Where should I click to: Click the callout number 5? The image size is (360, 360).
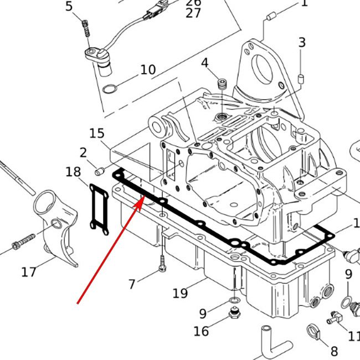(69, 7)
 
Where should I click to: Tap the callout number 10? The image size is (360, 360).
(148, 70)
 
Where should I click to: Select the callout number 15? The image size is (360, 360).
(97, 133)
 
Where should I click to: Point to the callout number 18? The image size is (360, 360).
(73, 172)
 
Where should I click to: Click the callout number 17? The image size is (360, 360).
(29, 272)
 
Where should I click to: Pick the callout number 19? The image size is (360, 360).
(180, 293)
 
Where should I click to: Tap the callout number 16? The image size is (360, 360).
(201, 331)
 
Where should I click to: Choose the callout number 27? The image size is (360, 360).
(193, 13)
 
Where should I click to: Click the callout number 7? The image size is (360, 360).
(132, 285)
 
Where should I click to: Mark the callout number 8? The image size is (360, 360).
(334, 351)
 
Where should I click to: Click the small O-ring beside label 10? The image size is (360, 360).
(111, 88)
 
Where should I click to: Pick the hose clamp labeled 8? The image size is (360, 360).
(313, 332)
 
